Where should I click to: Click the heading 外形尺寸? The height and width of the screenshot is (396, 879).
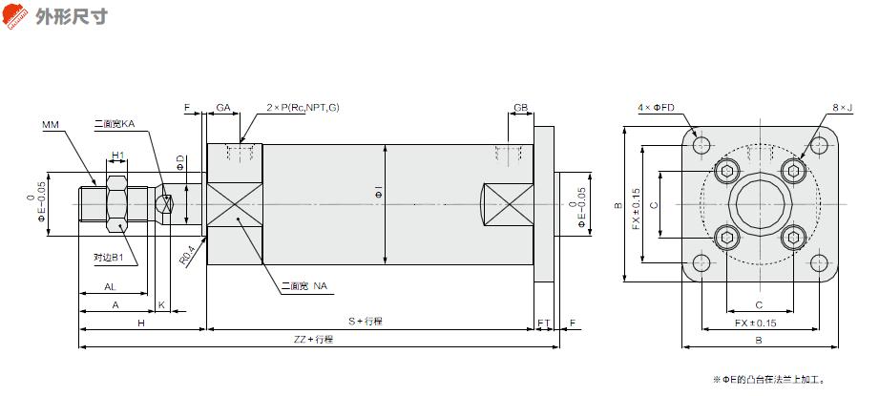coord(72,16)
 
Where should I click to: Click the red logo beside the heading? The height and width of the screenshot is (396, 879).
coord(15,15)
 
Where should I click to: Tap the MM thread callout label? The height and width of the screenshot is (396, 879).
coord(51,124)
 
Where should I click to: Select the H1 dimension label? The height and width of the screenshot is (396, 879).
coord(117,154)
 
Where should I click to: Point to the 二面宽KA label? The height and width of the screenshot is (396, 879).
coord(115,124)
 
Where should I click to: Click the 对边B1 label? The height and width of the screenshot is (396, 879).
coord(108,258)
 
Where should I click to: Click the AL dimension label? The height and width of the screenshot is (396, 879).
coord(111,287)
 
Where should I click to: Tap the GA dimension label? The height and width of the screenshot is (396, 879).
coord(223,108)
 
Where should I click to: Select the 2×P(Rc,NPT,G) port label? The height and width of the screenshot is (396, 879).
coord(303,108)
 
